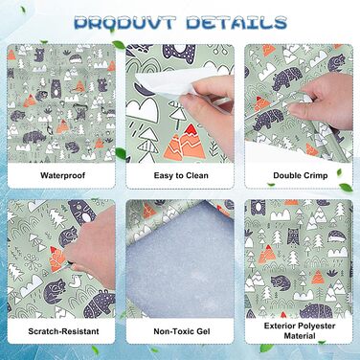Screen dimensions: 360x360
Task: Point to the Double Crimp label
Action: click(x=298, y=175)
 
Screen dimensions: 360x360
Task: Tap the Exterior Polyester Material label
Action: click(x=298, y=332)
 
